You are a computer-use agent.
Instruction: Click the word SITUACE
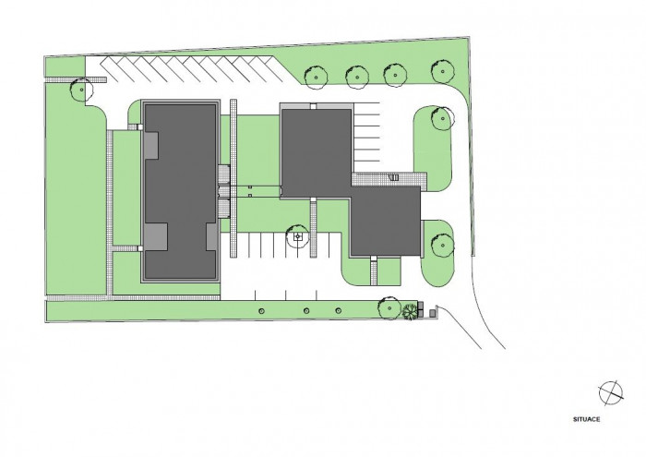(586, 419)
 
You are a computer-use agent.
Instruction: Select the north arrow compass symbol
(611, 392)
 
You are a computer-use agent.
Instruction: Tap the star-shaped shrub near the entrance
(410, 311)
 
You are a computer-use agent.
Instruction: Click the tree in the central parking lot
(297, 236)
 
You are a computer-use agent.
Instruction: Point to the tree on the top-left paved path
(81, 90)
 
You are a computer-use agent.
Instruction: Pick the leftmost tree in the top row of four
(316, 77)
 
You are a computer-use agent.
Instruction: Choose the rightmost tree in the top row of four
(443, 71)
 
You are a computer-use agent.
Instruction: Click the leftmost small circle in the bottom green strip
(261, 311)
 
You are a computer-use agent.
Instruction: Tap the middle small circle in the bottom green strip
(306, 311)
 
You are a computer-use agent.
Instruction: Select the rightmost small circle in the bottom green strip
(339, 311)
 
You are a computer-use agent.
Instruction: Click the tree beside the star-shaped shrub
(389, 307)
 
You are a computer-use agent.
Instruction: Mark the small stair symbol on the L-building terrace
(395, 177)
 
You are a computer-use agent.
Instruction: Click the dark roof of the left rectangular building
(180, 192)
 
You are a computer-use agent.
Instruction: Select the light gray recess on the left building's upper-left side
(151, 145)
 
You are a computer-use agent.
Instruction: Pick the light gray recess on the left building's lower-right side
(211, 237)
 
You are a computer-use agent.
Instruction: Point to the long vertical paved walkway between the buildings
(233, 178)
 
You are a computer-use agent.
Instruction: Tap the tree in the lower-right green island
(442, 246)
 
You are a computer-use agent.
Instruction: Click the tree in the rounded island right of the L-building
(443, 118)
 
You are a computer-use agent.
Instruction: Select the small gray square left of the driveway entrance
(432, 314)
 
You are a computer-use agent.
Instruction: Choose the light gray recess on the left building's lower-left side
(155, 236)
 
